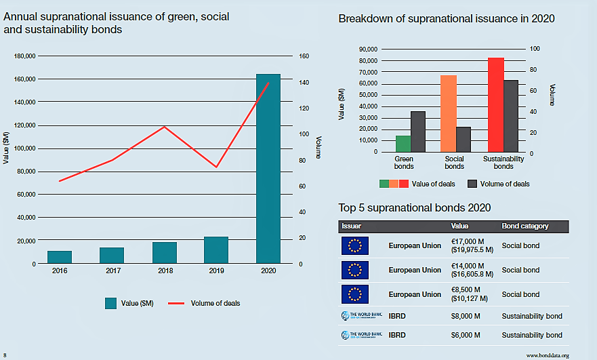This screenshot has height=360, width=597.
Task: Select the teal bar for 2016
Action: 60,257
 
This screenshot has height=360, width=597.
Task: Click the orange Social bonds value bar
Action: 449,113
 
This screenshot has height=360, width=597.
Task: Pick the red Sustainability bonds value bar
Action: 496,105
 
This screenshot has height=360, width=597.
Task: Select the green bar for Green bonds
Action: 403,144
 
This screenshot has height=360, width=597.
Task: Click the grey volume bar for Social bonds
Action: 463,140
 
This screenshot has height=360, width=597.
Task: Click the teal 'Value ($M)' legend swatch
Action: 110,303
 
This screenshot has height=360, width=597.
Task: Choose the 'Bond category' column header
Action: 525,226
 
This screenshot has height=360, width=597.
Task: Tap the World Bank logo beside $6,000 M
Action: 356,335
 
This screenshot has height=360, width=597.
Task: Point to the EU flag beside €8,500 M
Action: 355,294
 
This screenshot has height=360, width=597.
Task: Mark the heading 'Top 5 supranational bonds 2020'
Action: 414,207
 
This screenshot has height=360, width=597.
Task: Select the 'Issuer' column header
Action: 352,226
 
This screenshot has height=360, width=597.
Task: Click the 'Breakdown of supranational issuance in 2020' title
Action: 447,19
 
